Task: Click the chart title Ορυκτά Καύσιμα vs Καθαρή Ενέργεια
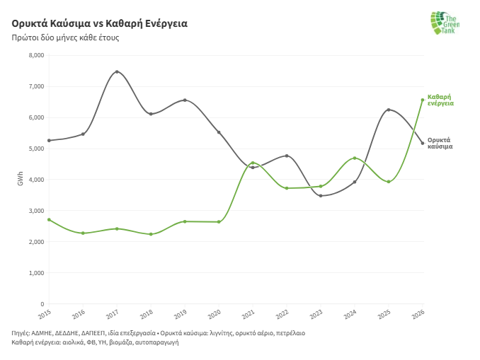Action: tap(99, 23)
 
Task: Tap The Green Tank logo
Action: tap(445, 23)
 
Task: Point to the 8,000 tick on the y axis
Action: tap(34, 55)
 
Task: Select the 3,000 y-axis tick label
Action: tap(34, 211)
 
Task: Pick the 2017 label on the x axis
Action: tap(113, 313)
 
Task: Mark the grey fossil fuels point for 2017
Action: tap(117, 71)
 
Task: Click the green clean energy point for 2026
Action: tap(423, 100)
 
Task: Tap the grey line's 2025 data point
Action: tap(389, 110)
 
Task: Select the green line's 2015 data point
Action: tap(49, 220)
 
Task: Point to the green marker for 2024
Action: tap(355, 158)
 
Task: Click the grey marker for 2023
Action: tap(321, 196)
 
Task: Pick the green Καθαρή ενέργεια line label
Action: tap(440, 100)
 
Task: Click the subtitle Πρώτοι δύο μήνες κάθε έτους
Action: tap(65, 37)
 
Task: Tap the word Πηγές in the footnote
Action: tap(21, 332)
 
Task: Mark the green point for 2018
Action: tap(151, 234)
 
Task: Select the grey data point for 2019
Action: tap(185, 100)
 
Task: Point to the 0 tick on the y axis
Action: tap(42, 304)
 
